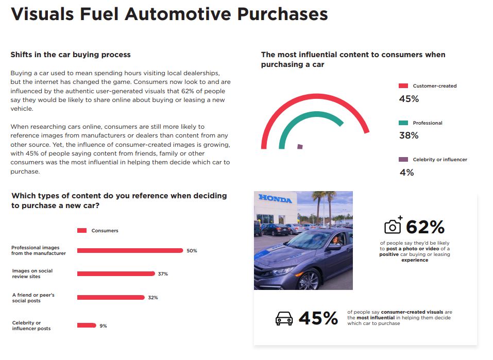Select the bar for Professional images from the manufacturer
coord(130,251)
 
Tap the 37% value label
coord(163,274)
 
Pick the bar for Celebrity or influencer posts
coord(87,325)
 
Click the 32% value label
coord(152,298)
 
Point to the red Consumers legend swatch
coord(82,231)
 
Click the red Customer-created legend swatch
coord(403,86)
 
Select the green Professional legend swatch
coord(403,123)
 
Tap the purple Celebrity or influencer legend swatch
coord(403,160)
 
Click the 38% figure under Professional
coord(409,135)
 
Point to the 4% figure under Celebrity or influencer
coord(406,173)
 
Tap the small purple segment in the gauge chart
coord(300,147)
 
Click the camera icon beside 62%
coord(393,226)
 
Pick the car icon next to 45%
coord(284,318)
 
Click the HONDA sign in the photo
coord(275,199)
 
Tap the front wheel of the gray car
coord(309,280)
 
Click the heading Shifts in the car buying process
coord(71,55)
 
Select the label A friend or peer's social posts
coord(33,298)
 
